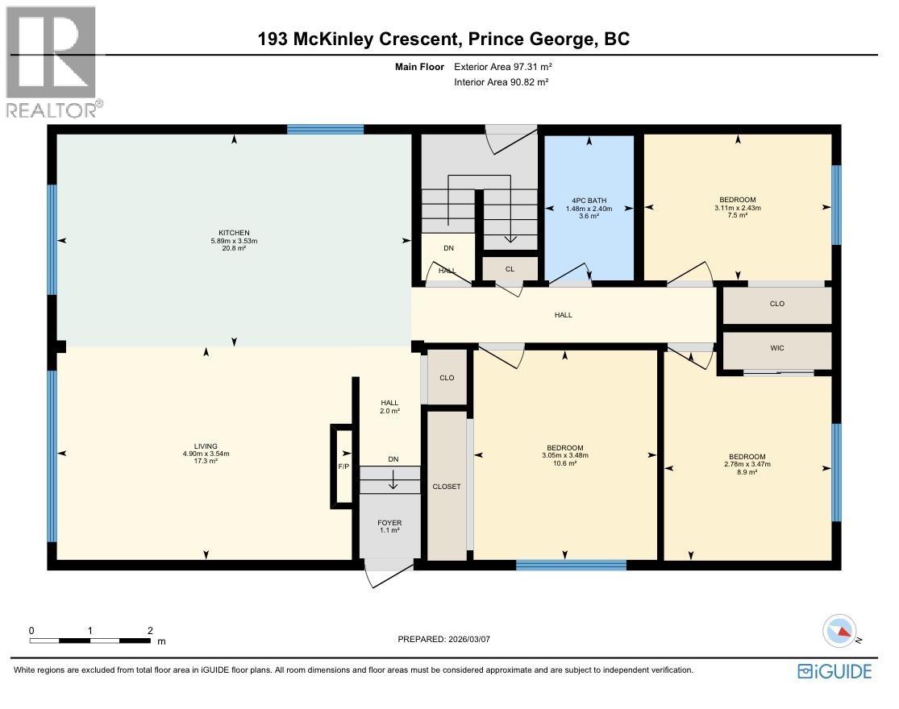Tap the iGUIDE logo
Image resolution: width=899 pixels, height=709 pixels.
834,670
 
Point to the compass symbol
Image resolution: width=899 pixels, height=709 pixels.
839,630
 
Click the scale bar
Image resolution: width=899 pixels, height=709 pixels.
90,641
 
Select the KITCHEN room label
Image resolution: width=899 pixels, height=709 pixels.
231,233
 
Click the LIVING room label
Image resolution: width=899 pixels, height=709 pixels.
206,445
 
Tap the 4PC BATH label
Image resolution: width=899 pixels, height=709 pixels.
589,200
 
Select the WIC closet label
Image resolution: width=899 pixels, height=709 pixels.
776,348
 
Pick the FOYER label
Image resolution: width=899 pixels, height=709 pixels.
389,523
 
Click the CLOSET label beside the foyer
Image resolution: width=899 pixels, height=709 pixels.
446,487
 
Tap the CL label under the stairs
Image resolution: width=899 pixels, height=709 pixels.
510,269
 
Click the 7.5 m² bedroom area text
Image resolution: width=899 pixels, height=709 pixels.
737,216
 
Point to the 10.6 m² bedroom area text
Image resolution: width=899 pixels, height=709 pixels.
564,463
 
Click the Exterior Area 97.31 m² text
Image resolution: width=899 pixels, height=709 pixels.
503,68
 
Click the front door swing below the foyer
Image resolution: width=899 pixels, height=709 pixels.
388,578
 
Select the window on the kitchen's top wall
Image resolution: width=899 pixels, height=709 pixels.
325,129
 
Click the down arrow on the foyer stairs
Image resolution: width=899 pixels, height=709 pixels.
393,481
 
